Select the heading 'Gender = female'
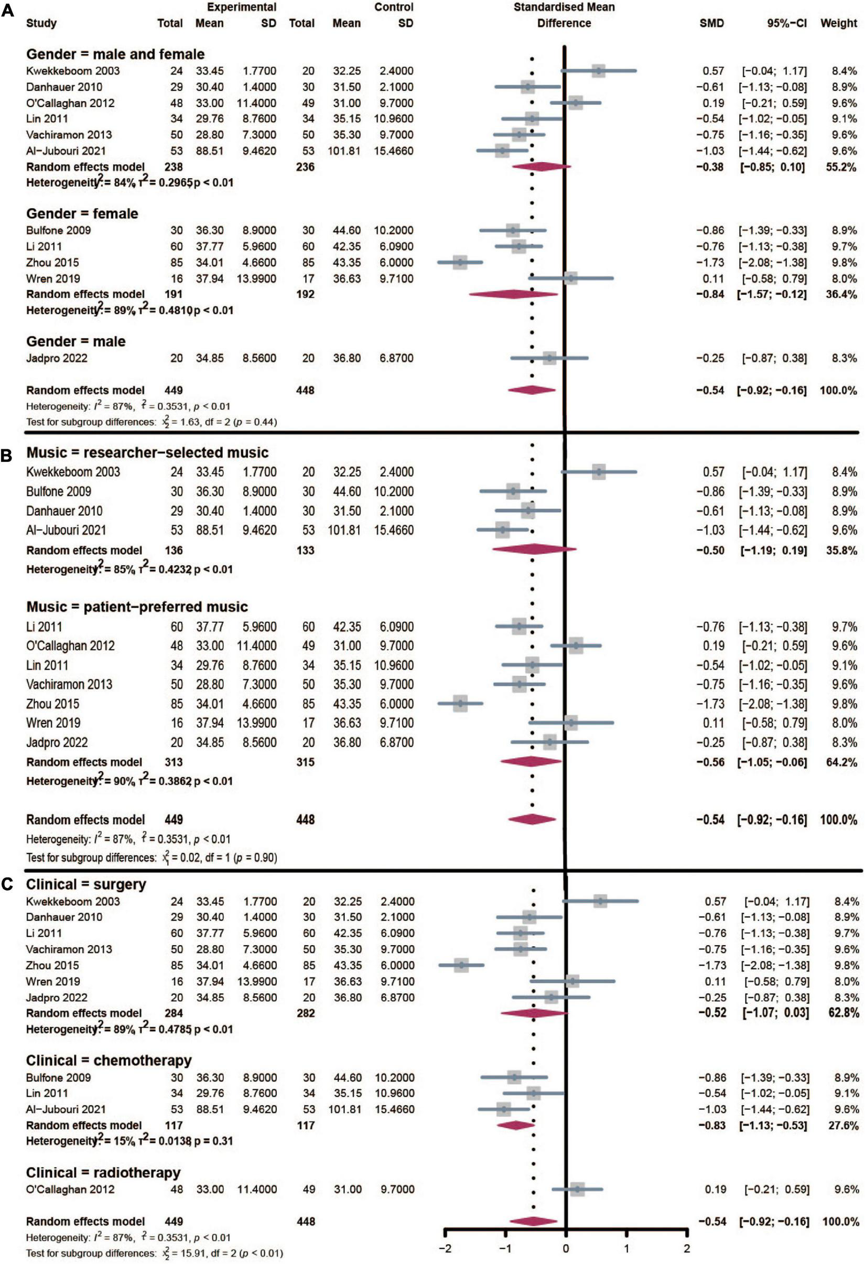(82, 214)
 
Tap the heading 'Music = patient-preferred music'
(137, 607)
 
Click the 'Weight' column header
(838, 24)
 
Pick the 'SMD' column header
(711, 24)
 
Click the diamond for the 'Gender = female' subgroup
(513, 294)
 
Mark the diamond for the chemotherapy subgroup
(516, 1125)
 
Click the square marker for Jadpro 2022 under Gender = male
(550, 358)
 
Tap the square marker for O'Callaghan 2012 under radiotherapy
(577, 1189)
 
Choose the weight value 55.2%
(841, 166)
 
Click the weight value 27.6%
(843, 1125)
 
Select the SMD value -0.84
(710, 294)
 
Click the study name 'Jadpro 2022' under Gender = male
(57, 358)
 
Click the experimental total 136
(174, 550)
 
